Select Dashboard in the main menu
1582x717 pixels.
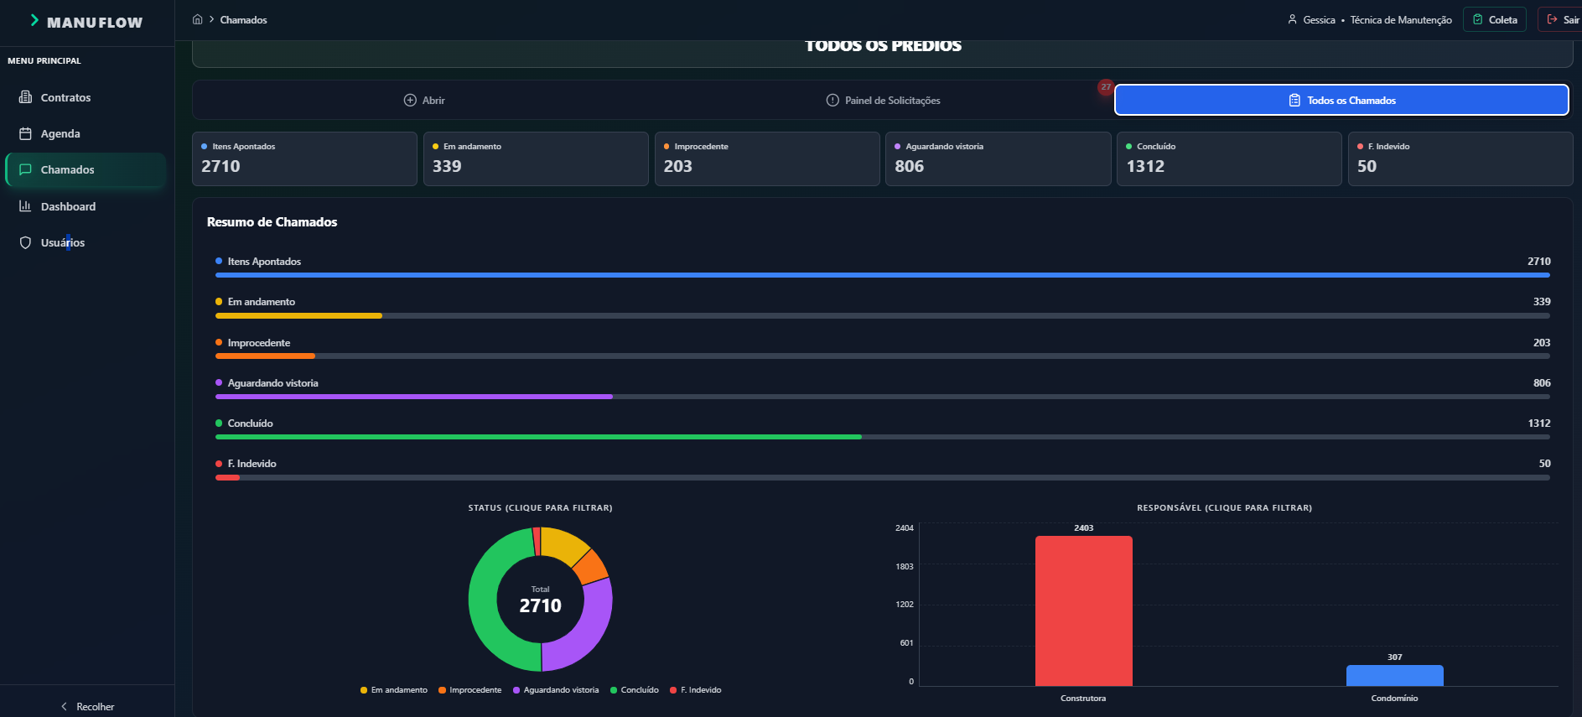pos(58,206)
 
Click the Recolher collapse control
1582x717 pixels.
pos(87,707)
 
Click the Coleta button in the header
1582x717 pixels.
pos(1495,19)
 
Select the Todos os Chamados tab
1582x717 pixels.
pos(1341,100)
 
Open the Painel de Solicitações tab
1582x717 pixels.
pos(884,101)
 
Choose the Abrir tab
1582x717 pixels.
pos(424,101)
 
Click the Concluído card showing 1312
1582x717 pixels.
pos(1229,158)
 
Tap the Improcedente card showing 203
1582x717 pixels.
pos(767,158)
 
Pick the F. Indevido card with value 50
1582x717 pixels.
pos(1460,158)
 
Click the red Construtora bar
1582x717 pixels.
pos(1083,610)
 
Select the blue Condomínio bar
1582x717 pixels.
pos(1395,675)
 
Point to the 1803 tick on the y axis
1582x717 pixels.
pos(904,567)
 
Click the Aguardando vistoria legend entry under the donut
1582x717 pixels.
pos(556,690)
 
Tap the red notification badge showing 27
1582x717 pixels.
pos(1106,87)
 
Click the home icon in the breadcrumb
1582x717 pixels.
pos(198,19)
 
